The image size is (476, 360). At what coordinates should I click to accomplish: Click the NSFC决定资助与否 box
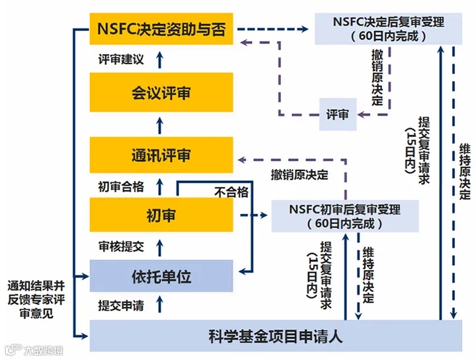click(161, 29)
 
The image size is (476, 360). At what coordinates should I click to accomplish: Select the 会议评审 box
click(161, 93)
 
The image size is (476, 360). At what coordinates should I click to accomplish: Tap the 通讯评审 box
click(161, 156)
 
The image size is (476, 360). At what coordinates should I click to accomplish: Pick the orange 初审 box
click(161, 215)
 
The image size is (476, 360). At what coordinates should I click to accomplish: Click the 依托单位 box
click(161, 276)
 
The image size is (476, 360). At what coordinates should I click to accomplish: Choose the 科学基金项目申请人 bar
click(276, 336)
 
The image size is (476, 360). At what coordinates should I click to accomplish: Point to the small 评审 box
click(338, 114)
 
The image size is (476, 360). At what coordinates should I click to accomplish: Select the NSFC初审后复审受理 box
click(345, 216)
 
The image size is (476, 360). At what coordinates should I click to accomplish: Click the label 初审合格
click(120, 186)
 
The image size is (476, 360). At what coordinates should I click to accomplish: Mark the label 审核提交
click(120, 247)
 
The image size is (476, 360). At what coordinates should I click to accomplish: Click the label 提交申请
click(120, 306)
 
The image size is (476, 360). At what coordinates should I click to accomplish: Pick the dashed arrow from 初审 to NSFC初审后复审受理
click(252, 215)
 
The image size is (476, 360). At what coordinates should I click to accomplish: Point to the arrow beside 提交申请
click(159, 306)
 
